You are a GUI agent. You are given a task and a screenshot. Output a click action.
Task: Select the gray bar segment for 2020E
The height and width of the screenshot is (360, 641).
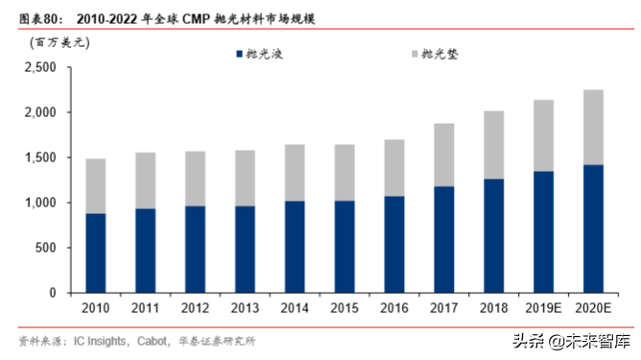click(x=594, y=127)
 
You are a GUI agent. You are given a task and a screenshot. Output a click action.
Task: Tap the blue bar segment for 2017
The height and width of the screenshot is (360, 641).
click(x=444, y=239)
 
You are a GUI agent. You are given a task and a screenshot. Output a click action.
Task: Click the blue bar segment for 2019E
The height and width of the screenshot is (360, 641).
click(x=544, y=231)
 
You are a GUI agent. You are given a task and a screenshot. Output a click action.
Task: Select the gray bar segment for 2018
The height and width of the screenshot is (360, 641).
click(x=494, y=145)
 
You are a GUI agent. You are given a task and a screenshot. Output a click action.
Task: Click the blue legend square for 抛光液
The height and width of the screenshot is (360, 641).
click(x=240, y=55)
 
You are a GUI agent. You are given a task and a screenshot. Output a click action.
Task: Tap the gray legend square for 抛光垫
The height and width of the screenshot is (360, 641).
click(x=415, y=55)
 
